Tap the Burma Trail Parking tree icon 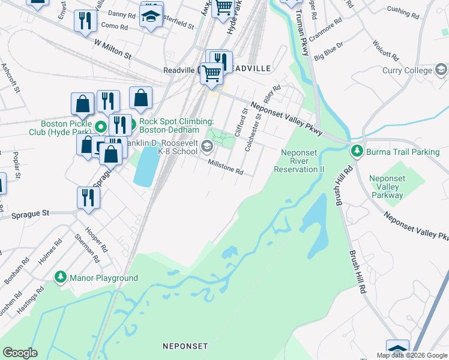click(357, 152)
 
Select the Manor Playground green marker click(61, 278)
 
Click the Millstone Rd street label click(225, 167)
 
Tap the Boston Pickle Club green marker click(101, 127)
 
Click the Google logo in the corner click(20, 353)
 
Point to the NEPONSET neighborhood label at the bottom click(185, 346)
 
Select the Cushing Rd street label click(406, 10)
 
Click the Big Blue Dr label click(328, 51)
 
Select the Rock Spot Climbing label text click(176, 125)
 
